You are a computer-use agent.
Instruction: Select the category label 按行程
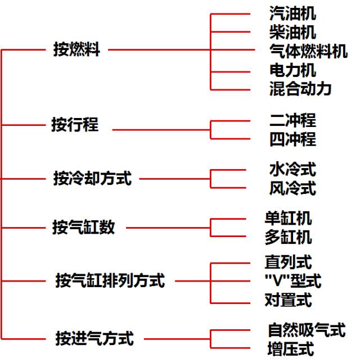click(x=75, y=125)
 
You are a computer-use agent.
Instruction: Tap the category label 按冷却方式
click(x=92, y=179)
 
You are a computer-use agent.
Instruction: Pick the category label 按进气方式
click(x=94, y=339)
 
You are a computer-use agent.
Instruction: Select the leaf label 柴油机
click(x=292, y=32)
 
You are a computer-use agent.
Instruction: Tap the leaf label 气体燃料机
click(x=308, y=51)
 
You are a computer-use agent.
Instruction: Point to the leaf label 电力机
click(x=292, y=70)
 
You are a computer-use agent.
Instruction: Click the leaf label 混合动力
click(x=300, y=89)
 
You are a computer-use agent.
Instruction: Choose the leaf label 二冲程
click(x=292, y=120)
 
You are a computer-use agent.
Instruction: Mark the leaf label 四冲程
click(x=292, y=139)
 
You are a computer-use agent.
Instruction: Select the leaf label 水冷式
click(x=292, y=169)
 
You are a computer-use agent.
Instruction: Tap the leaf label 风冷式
click(x=292, y=188)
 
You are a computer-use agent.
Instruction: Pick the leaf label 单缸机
click(x=288, y=217)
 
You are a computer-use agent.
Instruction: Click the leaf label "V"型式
click(x=292, y=280)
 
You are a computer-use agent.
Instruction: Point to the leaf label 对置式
click(x=288, y=300)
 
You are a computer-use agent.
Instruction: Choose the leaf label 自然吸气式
click(x=306, y=330)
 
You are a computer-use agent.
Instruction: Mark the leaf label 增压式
click(x=290, y=349)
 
